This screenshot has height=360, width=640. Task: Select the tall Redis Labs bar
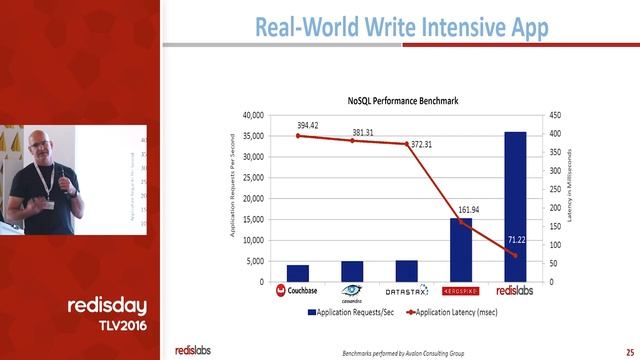(515, 206)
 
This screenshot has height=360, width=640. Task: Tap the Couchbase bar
(297, 273)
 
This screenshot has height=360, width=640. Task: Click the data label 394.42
(308, 125)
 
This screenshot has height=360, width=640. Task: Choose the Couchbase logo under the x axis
(296, 292)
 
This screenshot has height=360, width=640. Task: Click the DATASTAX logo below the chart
(406, 292)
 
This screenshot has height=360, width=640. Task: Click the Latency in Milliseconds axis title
(569, 185)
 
